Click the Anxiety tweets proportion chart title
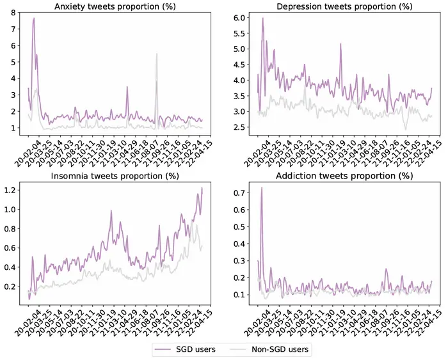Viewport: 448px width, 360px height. point(115,6)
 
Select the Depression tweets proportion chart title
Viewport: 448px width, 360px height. point(344,6)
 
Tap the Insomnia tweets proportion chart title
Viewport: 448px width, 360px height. point(115,176)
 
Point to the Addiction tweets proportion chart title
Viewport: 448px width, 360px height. point(344,176)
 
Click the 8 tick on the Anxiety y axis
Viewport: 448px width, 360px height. point(13,13)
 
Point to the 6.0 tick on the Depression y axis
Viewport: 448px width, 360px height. point(239,18)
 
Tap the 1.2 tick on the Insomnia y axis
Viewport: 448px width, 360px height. point(10,190)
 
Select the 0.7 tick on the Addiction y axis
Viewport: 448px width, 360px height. point(239,193)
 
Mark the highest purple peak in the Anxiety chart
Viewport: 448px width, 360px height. point(34,18)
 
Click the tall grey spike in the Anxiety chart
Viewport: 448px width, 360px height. point(157,54)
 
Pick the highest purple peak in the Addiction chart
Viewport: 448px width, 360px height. point(261,188)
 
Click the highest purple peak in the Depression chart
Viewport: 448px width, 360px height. point(262,18)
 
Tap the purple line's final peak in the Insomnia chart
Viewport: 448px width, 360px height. point(202,188)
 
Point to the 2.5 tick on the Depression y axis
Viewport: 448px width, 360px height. point(239,127)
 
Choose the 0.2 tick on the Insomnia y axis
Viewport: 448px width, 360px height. point(10,286)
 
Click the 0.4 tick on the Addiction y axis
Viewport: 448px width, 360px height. point(239,244)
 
